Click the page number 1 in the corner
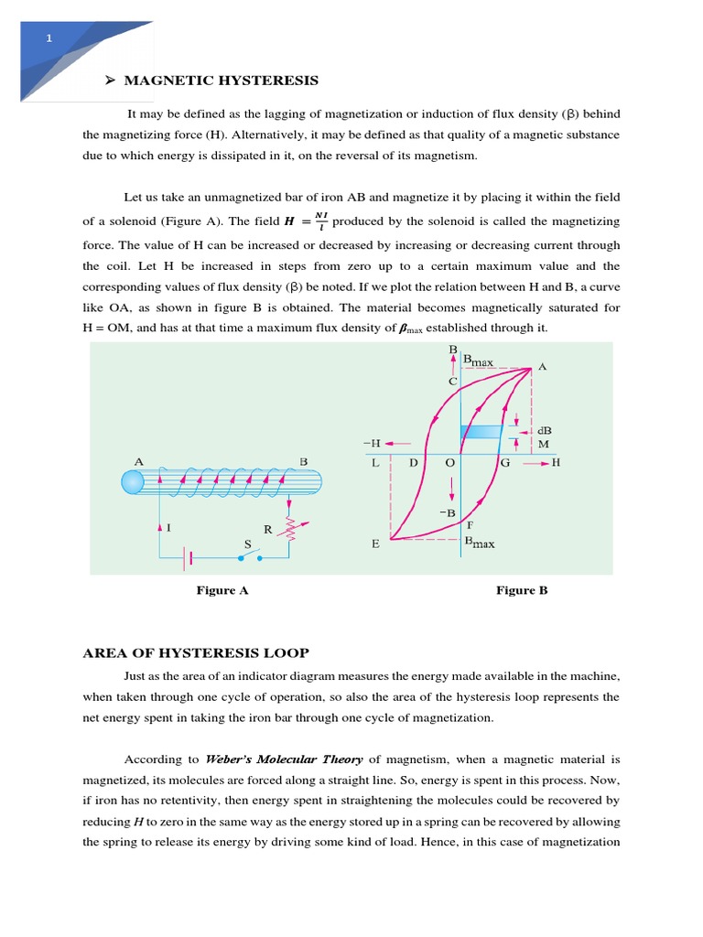pyautogui.click(x=49, y=38)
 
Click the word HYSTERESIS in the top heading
pyautogui.click(x=268, y=81)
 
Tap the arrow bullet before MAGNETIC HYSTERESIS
pyautogui.click(x=109, y=81)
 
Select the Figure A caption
pyautogui.click(x=222, y=590)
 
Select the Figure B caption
pyautogui.click(x=522, y=590)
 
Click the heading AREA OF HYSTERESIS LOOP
pyautogui.click(x=196, y=652)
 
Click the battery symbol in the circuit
pyautogui.click(x=189, y=555)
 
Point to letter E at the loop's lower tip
pyautogui.click(x=375, y=544)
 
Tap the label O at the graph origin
pyautogui.click(x=449, y=464)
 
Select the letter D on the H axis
pyautogui.click(x=414, y=464)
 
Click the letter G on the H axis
pyautogui.click(x=504, y=464)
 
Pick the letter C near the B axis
pyautogui.click(x=452, y=382)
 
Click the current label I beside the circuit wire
pyautogui.click(x=169, y=528)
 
